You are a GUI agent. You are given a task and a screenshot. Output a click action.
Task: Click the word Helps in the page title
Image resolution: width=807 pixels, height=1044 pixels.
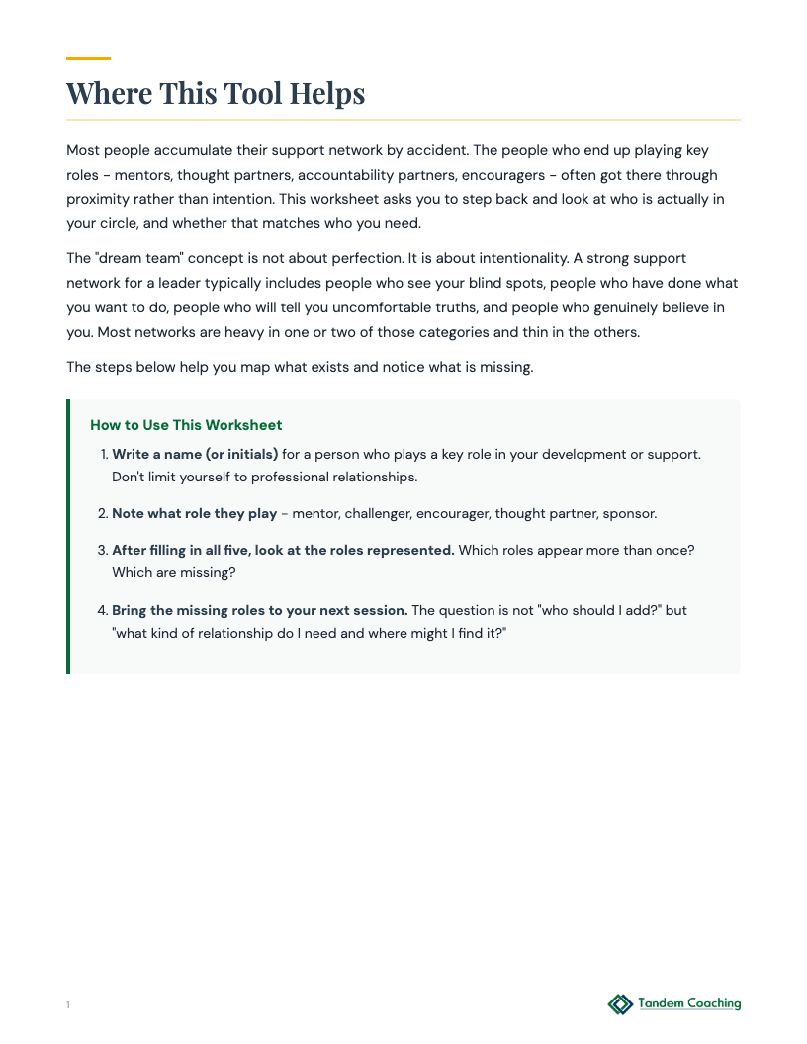tap(327, 94)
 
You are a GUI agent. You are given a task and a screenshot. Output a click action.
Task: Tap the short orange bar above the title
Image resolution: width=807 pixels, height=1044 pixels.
tap(88, 58)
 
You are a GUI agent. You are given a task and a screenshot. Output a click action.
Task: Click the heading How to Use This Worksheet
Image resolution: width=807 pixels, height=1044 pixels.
tap(186, 425)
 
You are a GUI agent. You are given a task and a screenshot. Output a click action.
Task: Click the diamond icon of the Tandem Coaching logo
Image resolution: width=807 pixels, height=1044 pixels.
tap(620, 1004)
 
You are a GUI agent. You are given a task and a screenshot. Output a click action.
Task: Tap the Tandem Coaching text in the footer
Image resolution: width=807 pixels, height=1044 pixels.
tap(689, 1003)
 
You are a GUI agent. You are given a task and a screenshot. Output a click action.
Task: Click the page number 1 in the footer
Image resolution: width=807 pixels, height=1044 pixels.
tap(68, 1005)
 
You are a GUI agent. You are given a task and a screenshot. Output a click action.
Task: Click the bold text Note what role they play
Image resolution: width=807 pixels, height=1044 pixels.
tap(194, 514)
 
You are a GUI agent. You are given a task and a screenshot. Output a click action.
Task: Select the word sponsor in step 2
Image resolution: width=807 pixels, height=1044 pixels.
tap(629, 514)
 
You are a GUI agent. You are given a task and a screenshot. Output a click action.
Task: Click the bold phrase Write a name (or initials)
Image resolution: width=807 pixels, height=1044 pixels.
tap(195, 455)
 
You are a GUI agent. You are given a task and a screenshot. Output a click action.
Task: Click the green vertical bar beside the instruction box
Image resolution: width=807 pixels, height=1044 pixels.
tap(68, 537)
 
